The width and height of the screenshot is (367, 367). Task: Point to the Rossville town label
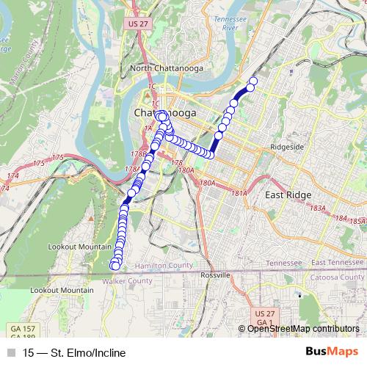[x=217, y=274]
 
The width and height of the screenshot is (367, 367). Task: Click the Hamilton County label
[x=167, y=265]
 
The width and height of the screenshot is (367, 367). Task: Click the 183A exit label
[x=318, y=209]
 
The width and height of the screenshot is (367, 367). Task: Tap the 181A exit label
[x=239, y=193]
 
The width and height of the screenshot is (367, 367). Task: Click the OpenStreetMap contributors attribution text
[x=303, y=329]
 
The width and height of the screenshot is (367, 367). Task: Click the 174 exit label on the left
[x=12, y=176]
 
